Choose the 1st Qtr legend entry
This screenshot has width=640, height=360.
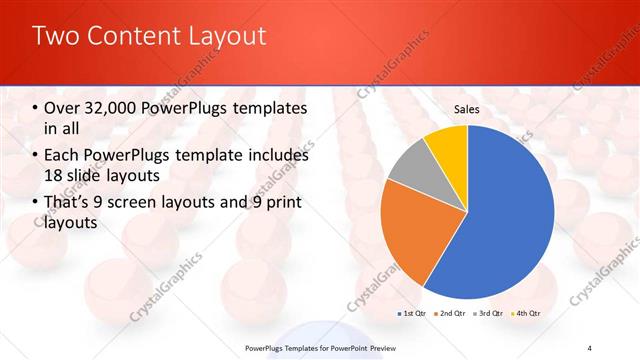(411, 313)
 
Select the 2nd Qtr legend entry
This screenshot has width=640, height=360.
(449, 313)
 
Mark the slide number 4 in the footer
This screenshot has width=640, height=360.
(590, 348)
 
